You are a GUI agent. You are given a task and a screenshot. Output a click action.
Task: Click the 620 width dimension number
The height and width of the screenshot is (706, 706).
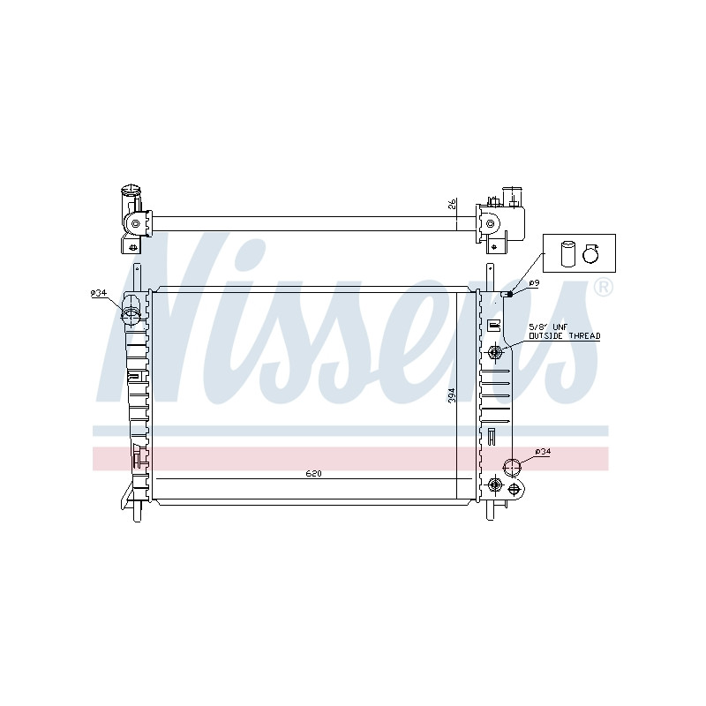point(314,473)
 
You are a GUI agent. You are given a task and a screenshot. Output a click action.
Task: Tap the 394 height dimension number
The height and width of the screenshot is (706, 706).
point(452,394)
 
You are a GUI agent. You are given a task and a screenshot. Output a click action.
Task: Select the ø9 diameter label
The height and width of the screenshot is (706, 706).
point(534,282)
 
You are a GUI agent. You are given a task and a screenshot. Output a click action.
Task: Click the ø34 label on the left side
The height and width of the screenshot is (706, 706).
point(98,293)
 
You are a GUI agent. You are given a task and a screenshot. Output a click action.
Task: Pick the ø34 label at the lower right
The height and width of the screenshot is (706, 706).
point(543,452)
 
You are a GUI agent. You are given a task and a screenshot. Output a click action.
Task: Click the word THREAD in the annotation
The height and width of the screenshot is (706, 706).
point(584,335)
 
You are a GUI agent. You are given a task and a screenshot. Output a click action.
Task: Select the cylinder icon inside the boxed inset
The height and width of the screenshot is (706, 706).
point(568,254)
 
